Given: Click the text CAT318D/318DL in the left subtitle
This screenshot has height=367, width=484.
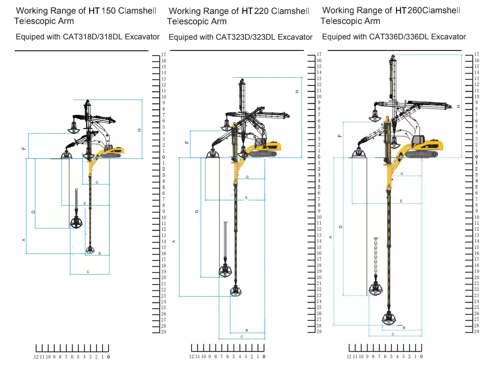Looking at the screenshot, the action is click(x=92, y=36).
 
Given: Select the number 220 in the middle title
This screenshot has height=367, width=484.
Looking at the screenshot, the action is click(x=261, y=11).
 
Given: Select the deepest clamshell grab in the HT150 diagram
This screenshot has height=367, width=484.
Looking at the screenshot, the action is click(x=90, y=250).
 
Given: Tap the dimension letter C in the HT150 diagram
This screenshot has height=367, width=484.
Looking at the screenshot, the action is click(x=88, y=272).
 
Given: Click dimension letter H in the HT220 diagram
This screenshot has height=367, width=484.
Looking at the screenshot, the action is click(x=297, y=92).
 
